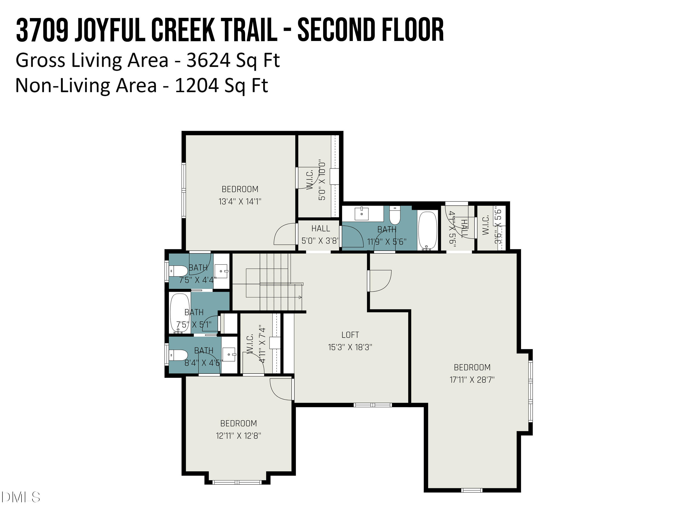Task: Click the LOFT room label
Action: (350, 335)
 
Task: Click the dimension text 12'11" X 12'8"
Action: (238, 436)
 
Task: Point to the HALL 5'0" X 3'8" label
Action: (320, 235)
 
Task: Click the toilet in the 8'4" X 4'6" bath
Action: (178, 355)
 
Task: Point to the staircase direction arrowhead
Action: (300, 297)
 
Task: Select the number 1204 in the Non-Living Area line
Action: (197, 85)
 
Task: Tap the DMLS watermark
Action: (20, 497)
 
